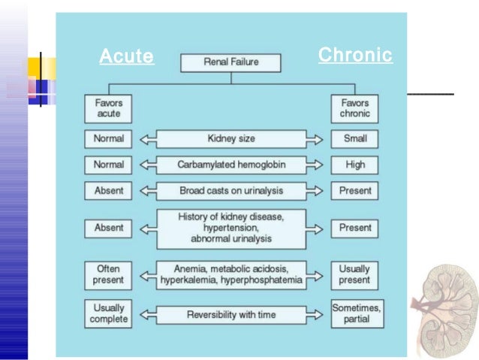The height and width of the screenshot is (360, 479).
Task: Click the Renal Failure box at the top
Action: [231, 62]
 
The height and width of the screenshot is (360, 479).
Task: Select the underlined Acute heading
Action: [126, 56]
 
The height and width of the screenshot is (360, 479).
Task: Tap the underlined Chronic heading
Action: [355, 55]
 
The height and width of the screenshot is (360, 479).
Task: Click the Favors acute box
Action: [108, 108]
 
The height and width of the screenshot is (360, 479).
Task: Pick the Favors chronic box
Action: [354, 108]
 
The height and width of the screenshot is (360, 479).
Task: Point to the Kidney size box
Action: [231, 139]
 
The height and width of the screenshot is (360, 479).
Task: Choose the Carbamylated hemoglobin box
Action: [231, 165]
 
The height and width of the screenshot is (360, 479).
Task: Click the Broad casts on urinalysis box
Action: [231, 190]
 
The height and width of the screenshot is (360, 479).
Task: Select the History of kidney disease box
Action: [231, 227]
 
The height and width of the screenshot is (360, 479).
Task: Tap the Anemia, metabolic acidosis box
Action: [231, 274]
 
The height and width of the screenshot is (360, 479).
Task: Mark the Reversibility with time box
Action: [231, 314]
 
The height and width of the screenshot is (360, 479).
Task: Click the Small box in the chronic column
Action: [354, 139]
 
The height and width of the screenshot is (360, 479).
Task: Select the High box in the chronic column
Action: [354, 165]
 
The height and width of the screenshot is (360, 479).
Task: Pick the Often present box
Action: [108, 274]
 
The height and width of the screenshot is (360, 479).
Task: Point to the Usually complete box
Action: [108, 313]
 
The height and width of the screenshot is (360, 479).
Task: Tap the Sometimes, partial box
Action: [355, 313]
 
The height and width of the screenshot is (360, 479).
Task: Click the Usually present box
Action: [354, 274]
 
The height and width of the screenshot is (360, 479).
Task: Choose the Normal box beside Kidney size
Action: [108, 139]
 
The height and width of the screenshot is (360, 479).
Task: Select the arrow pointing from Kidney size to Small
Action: [318, 139]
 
